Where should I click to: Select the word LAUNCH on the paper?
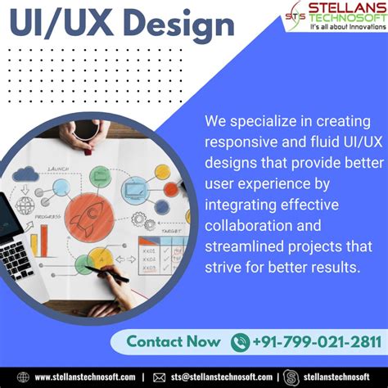click(59, 169)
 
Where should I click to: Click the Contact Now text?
click(172, 342)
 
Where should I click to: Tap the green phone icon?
click(240, 342)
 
